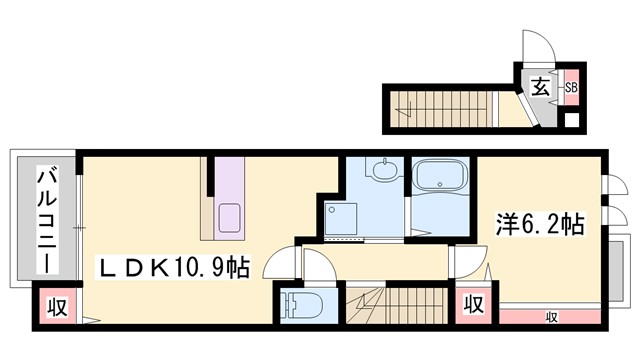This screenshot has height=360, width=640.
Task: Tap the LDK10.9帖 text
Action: [x=172, y=267]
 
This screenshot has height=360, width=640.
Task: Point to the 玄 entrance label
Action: [x=539, y=87]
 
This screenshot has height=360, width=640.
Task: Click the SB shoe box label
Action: [x=571, y=87]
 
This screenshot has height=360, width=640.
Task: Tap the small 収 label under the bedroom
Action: [x=551, y=317]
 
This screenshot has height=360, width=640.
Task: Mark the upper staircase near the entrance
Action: [x=439, y=108]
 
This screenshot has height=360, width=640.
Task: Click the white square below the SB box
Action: [x=571, y=122]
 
